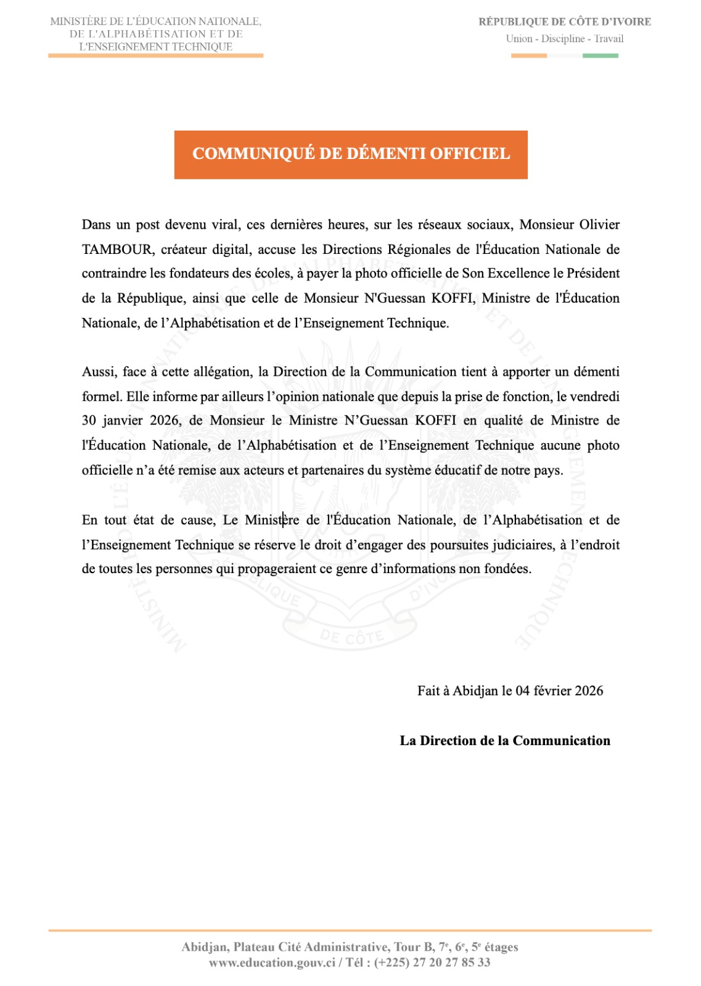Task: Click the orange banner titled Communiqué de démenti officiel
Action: pos(351,154)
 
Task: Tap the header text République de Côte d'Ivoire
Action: pos(565,22)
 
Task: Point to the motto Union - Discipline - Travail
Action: pos(565,39)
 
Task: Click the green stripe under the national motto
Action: pos(600,56)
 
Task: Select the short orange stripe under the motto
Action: pos(529,56)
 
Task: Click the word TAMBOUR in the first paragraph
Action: pos(117,250)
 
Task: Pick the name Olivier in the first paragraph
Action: pos(599,225)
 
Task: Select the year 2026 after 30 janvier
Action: pos(165,421)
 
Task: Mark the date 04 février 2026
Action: pos(559,691)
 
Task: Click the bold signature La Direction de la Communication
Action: pos(505,741)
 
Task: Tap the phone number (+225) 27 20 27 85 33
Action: pos(432,963)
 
